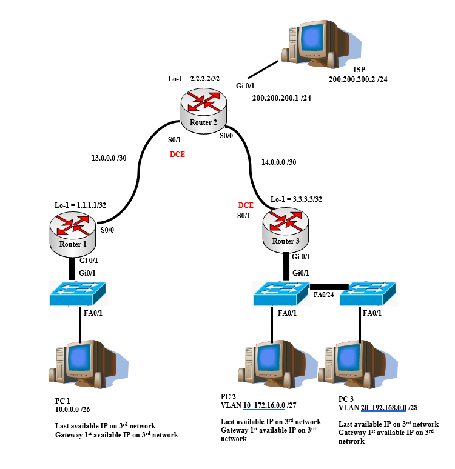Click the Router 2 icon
[204, 111]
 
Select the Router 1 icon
[73, 234]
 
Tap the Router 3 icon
[286, 230]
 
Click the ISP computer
[321, 44]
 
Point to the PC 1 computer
[89, 364]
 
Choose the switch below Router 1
[78, 293]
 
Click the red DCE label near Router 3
[246, 205]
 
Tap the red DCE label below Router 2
[177, 155]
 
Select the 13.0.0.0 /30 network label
[109, 158]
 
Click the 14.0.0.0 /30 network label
[279, 162]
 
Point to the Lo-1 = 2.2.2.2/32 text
[194, 79]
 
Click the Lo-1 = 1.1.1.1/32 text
[80, 205]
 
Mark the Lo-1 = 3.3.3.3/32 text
[296, 199]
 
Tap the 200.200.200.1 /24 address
[281, 98]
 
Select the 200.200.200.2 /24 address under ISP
[358, 79]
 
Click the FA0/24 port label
[323, 294]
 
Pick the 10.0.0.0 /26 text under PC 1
[72, 410]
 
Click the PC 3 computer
[358, 364]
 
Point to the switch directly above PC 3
[368, 293]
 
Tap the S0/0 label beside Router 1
[107, 230]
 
